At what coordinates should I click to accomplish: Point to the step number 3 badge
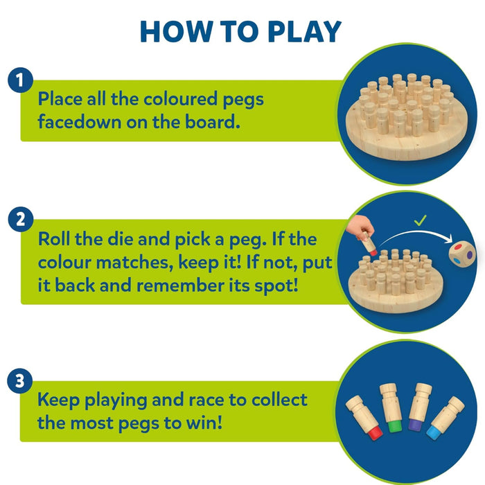click(20, 380)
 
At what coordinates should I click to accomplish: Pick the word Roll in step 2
click(55, 240)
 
